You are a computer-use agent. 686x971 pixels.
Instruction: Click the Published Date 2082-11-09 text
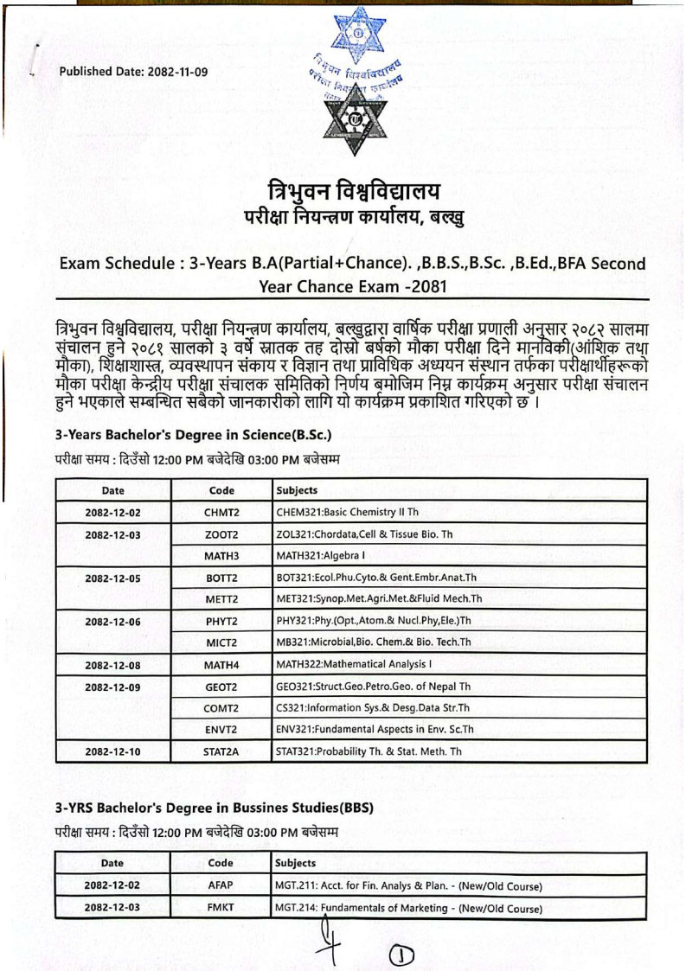(x=133, y=72)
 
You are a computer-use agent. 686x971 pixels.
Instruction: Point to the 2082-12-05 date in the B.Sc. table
(x=112, y=577)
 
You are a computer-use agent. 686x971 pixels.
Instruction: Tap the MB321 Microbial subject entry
(x=373, y=642)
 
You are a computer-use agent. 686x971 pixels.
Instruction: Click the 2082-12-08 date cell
(x=112, y=665)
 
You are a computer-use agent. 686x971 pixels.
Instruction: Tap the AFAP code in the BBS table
(x=221, y=885)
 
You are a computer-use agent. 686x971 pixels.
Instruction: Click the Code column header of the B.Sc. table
(x=221, y=490)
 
